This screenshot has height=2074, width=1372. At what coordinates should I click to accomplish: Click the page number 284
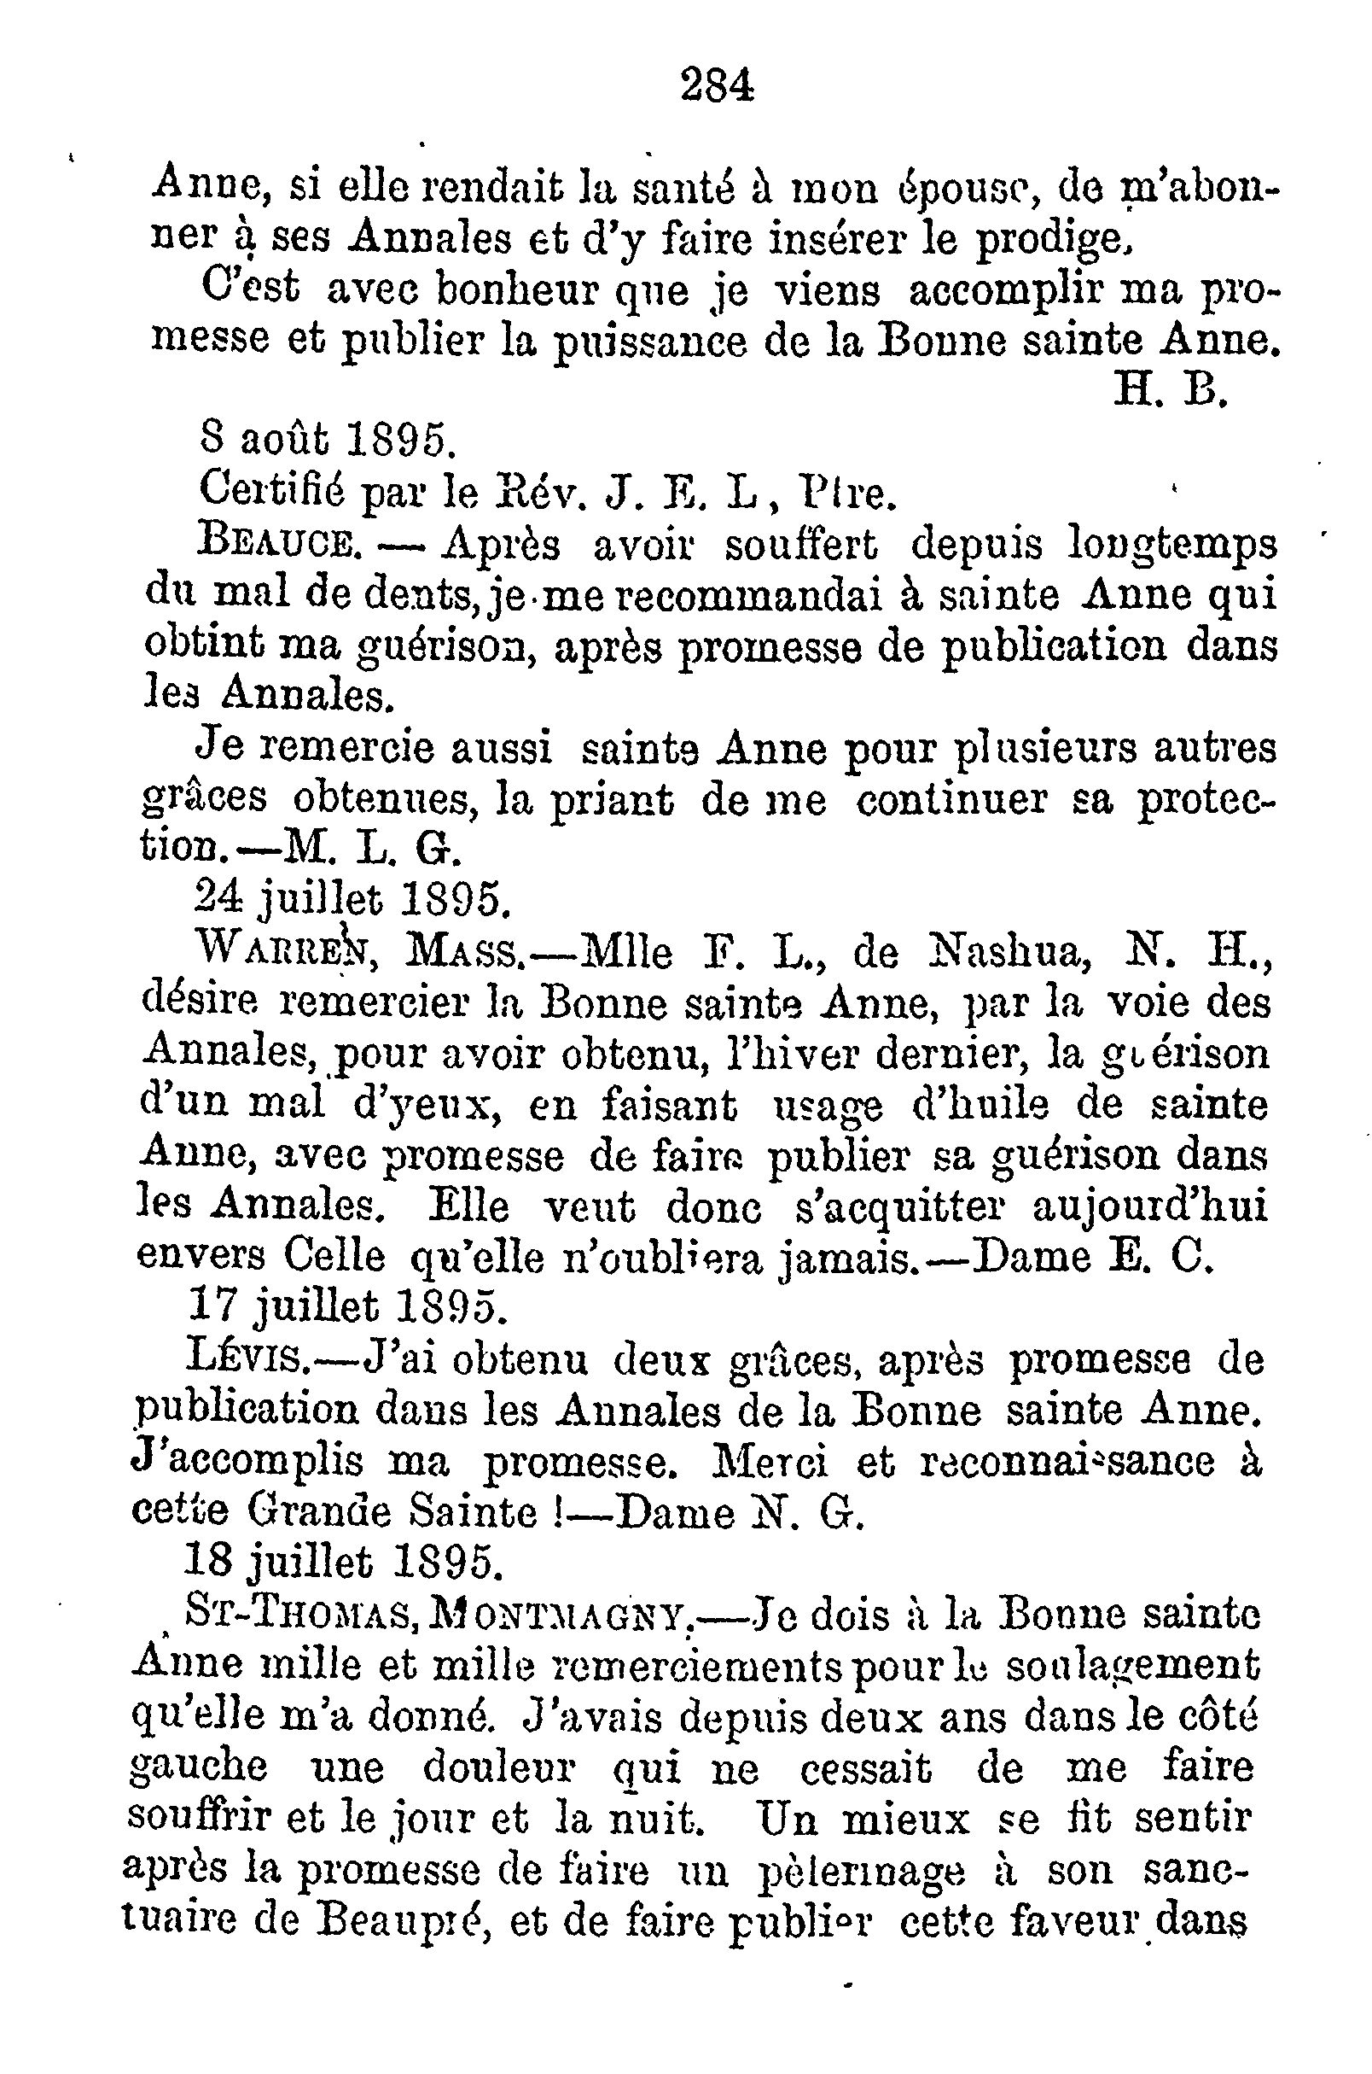717,87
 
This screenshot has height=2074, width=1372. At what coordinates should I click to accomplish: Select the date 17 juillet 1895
346,1308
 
